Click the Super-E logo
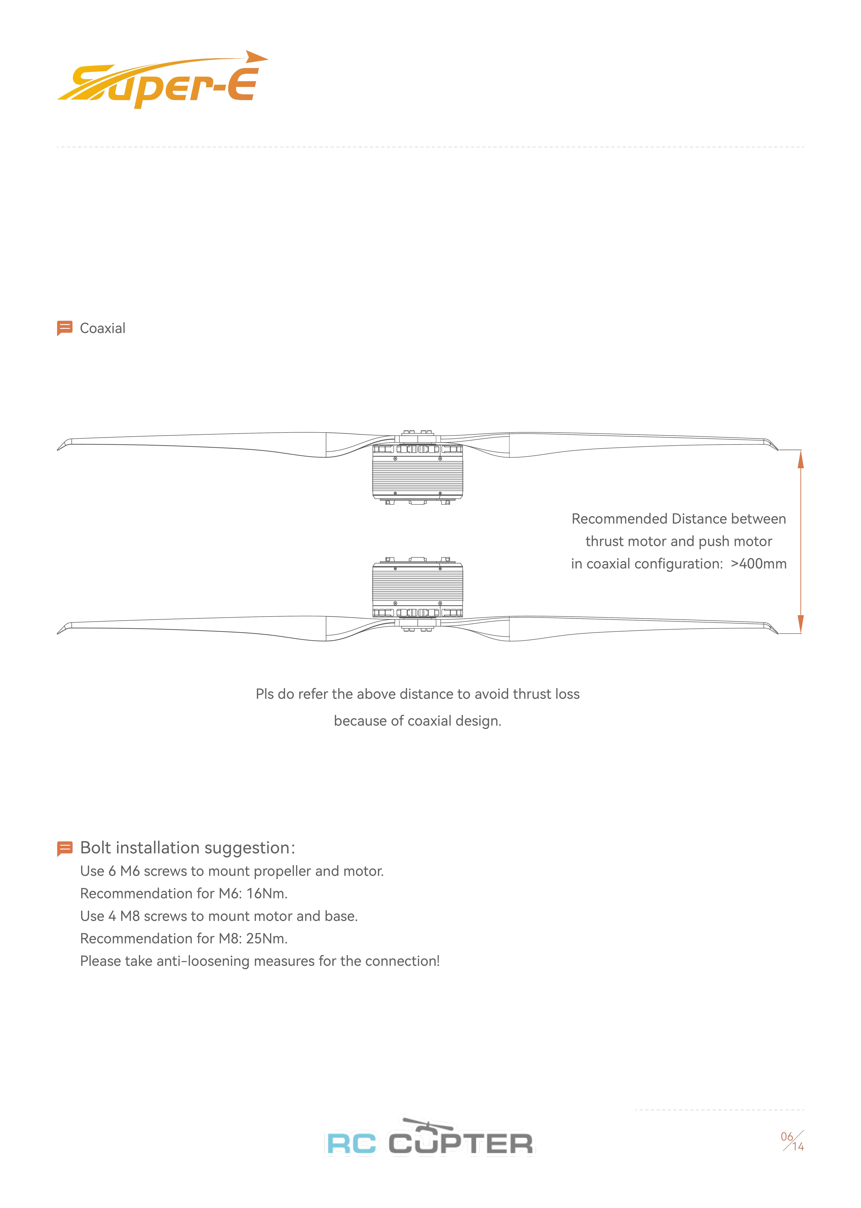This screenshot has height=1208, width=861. (162, 81)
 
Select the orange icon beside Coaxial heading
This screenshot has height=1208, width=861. (64, 328)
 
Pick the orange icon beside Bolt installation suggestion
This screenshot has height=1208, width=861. (64, 848)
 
